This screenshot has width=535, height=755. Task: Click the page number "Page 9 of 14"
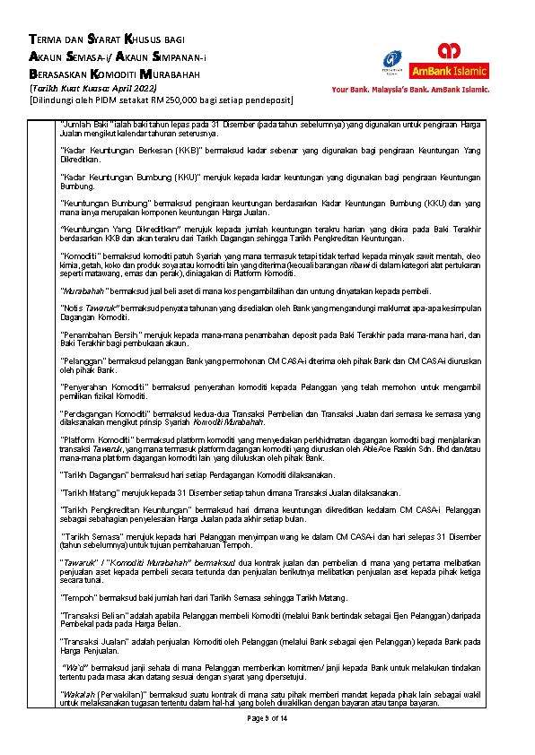coord(267,720)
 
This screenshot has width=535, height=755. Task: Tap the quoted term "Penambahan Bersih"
coord(96,334)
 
